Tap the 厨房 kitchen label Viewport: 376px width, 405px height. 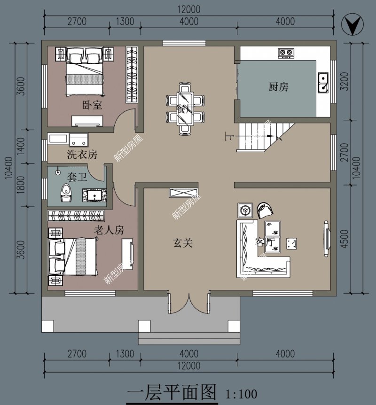[278, 87]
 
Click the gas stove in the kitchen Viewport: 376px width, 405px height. [286, 52]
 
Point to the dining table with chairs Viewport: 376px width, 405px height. [185, 108]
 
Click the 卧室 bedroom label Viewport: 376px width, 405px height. [92, 105]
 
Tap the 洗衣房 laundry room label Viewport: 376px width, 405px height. [82, 154]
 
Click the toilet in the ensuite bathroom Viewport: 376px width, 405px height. [66, 192]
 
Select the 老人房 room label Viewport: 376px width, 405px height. [109, 230]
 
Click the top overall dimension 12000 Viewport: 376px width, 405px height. [188, 9]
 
